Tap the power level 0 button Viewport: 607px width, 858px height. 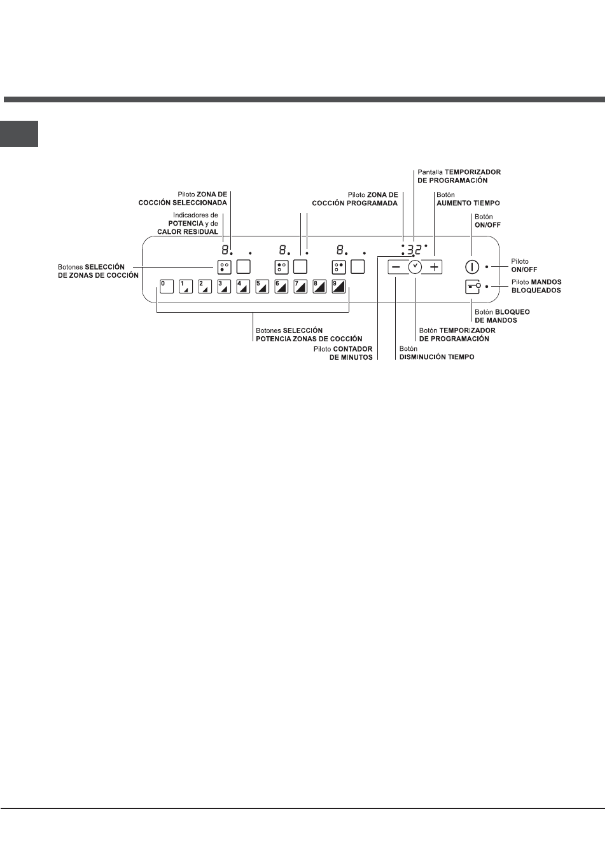click(x=167, y=287)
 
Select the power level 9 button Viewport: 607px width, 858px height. click(x=338, y=287)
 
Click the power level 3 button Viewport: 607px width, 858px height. click(x=224, y=287)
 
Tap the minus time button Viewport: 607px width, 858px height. click(x=397, y=267)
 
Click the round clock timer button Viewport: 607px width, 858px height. click(x=415, y=267)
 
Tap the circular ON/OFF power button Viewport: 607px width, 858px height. click(x=472, y=267)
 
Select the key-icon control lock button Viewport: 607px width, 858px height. click(x=472, y=287)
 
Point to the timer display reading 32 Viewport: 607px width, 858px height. click(x=414, y=250)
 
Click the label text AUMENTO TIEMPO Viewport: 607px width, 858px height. click(x=468, y=203)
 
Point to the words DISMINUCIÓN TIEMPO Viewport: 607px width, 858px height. click(x=436, y=357)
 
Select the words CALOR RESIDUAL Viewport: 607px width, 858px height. click(x=188, y=232)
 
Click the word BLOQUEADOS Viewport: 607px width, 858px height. click(x=536, y=290)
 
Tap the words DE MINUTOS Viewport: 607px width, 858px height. click(x=351, y=357)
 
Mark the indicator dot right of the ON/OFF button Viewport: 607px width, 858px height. click(x=487, y=266)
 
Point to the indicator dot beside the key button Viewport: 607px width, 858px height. click(x=487, y=286)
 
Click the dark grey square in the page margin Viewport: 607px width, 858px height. click(x=19, y=133)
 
